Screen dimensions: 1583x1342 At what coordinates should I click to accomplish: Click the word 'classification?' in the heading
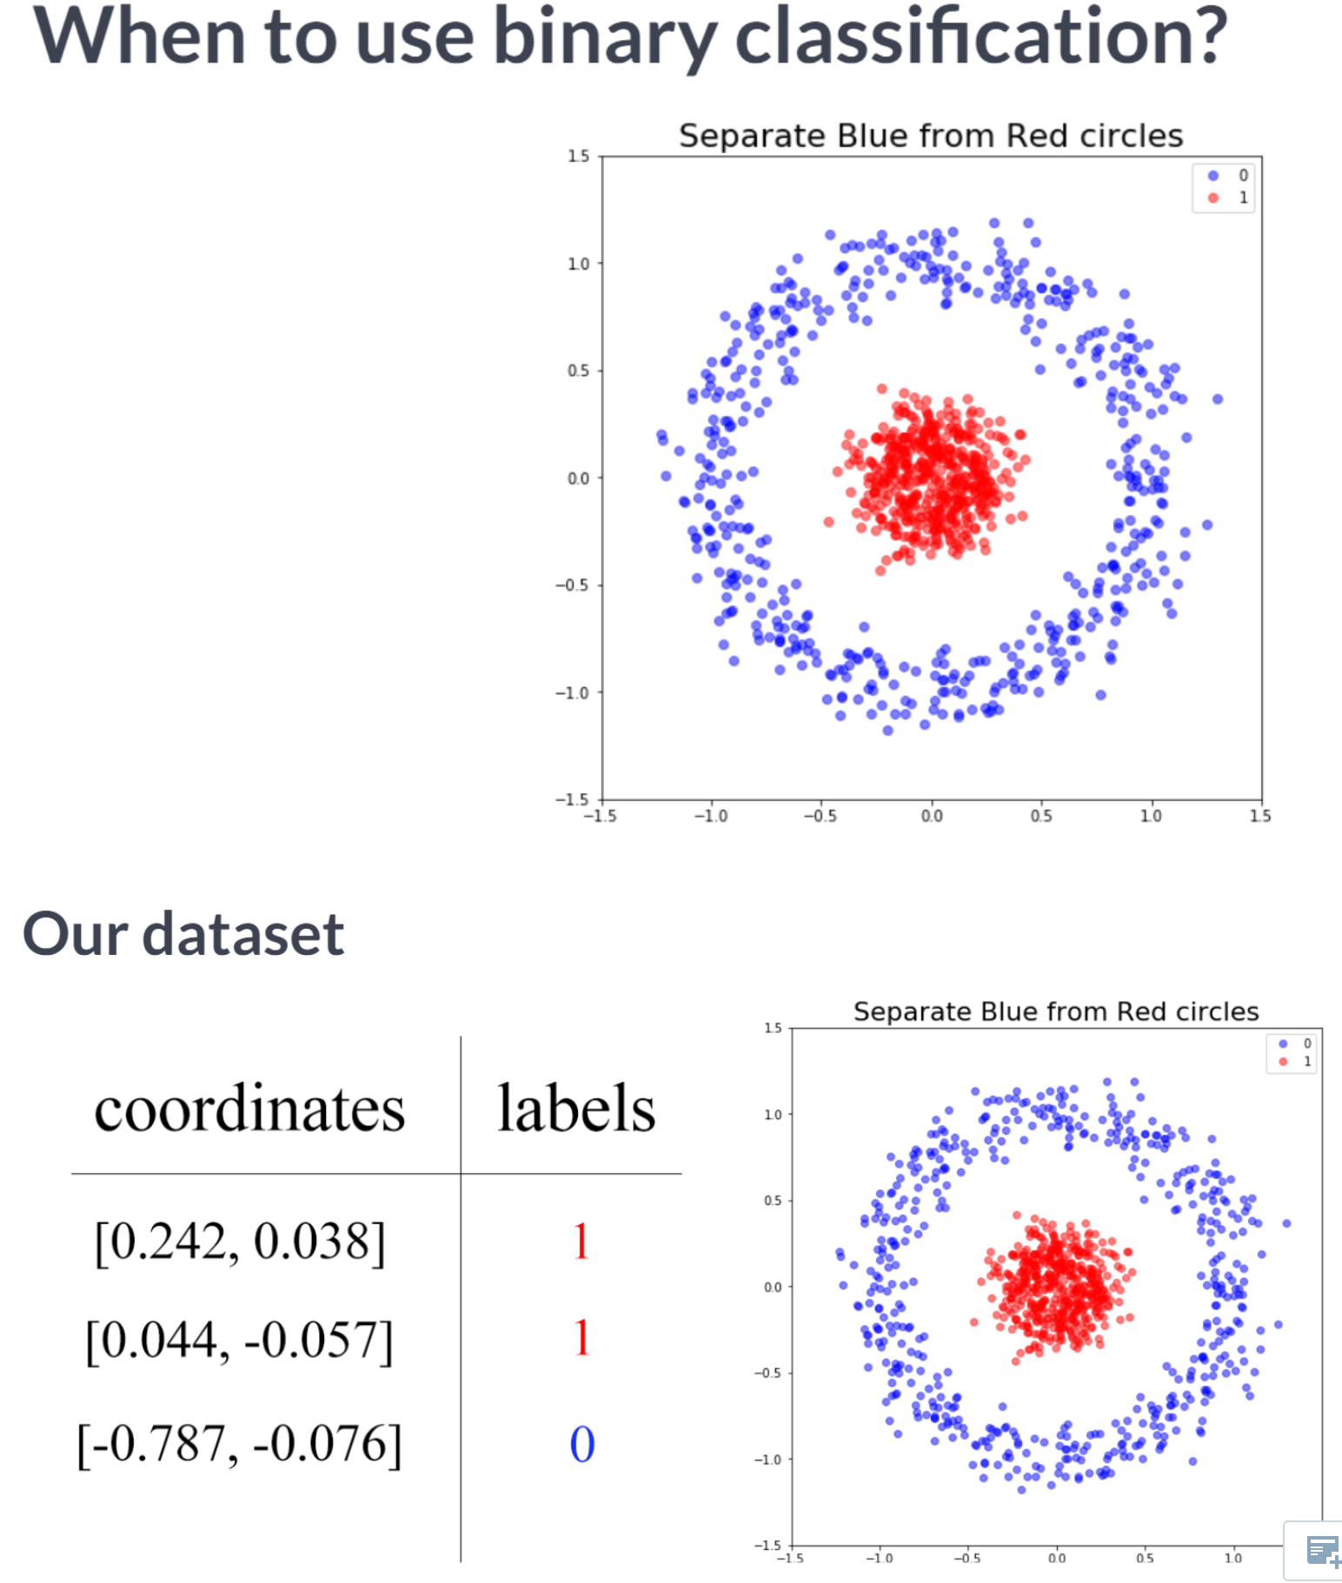click(x=980, y=36)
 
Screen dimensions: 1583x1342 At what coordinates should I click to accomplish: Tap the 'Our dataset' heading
click(x=183, y=934)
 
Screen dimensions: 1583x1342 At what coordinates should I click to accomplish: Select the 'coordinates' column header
click(x=249, y=1109)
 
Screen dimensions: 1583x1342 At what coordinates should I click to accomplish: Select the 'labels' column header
click(x=575, y=1109)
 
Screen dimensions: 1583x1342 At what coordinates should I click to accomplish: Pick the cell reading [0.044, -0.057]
click(x=239, y=1339)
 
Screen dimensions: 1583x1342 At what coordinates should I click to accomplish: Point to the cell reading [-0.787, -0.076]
click(x=239, y=1443)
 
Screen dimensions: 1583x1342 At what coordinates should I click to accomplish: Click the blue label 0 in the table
click(x=581, y=1444)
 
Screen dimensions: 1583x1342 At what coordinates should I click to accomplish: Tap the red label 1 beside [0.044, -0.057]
click(x=581, y=1338)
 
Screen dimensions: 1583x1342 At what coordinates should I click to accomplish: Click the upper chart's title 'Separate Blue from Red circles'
click(x=930, y=136)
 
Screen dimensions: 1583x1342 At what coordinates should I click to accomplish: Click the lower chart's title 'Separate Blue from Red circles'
click(x=1055, y=1011)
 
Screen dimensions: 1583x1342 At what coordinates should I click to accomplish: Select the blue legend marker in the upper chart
click(x=1213, y=176)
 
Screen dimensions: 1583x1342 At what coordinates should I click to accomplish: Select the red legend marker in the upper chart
click(x=1213, y=198)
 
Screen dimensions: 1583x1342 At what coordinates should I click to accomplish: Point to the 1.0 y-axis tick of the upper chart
click(x=579, y=263)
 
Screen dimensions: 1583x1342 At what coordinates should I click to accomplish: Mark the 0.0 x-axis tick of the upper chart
click(x=931, y=816)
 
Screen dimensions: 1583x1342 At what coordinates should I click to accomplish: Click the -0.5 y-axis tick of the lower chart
click(x=768, y=1373)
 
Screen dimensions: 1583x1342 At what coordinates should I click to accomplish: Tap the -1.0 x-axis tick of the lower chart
click(x=879, y=1558)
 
